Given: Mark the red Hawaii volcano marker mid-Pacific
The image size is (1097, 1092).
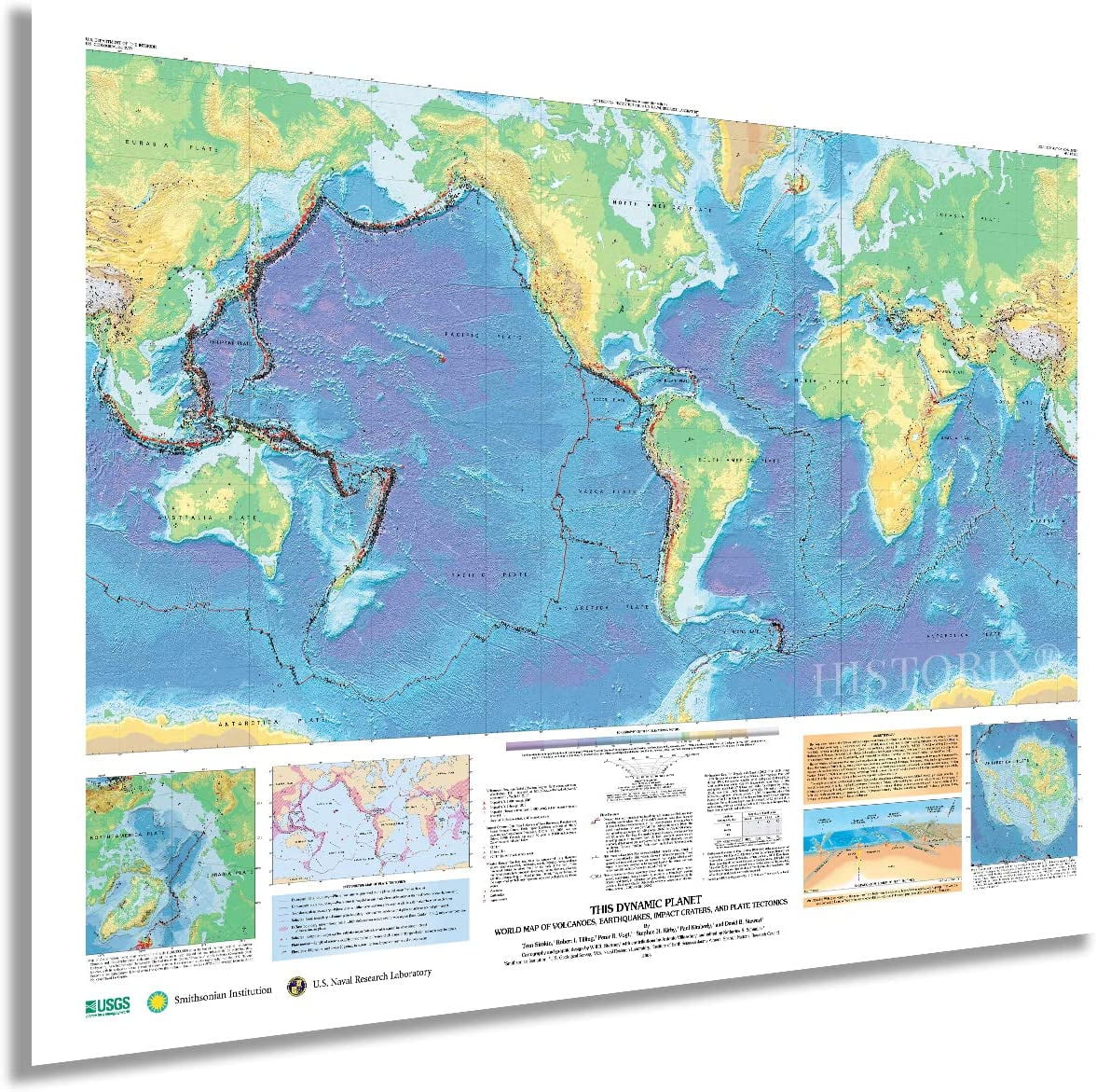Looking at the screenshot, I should tap(442, 358).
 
